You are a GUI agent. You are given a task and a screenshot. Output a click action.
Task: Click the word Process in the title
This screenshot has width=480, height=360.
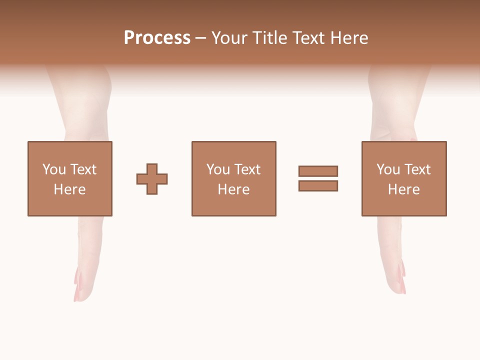(x=157, y=38)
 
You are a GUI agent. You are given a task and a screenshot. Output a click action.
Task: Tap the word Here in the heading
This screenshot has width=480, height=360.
(x=348, y=38)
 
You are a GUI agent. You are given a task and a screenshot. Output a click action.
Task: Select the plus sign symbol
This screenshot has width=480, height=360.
(x=152, y=178)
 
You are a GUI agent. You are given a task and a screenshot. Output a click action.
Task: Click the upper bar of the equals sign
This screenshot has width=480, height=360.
(x=318, y=171)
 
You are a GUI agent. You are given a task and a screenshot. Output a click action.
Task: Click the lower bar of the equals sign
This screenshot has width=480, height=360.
(x=318, y=186)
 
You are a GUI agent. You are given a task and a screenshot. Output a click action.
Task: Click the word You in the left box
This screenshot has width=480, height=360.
(x=54, y=169)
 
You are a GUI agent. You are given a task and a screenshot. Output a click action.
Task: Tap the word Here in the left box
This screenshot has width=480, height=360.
(x=69, y=189)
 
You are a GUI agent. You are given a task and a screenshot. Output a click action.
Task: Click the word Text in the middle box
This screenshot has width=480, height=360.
(x=247, y=169)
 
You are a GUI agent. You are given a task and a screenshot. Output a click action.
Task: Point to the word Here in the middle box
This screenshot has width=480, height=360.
(x=233, y=189)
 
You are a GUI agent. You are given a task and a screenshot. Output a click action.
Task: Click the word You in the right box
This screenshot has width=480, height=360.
(x=388, y=169)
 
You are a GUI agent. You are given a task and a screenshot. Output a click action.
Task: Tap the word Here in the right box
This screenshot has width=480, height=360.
(x=403, y=189)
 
